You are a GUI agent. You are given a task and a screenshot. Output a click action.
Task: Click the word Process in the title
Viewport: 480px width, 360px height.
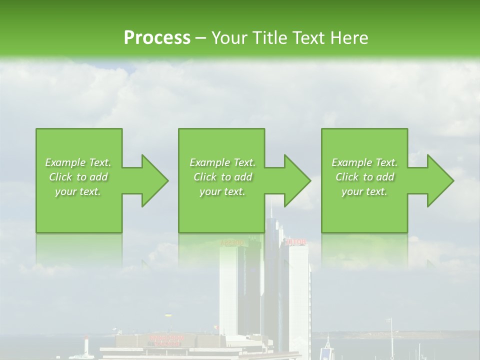pyautogui.click(x=157, y=37)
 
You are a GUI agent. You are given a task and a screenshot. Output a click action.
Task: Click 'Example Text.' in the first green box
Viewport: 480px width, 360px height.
pyautogui.click(x=78, y=162)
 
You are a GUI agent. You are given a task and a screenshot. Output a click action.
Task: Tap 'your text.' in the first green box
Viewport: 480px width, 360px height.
pyautogui.click(x=78, y=191)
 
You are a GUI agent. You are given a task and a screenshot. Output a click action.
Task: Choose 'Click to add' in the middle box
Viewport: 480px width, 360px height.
pyautogui.click(x=222, y=177)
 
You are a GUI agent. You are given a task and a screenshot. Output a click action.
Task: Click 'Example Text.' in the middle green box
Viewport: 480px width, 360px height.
pyautogui.click(x=222, y=162)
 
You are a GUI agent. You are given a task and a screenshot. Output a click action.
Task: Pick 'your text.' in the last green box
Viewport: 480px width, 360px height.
pyautogui.click(x=364, y=191)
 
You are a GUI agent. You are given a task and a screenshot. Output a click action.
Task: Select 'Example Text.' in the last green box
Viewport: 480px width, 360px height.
pyautogui.click(x=364, y=162)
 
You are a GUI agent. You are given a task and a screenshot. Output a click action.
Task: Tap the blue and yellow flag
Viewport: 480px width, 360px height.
pyautogui.click(x=167, y=316)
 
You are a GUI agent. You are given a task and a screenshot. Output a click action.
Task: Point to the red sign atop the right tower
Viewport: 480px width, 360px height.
pyautogui.click(x=295, y=242)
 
